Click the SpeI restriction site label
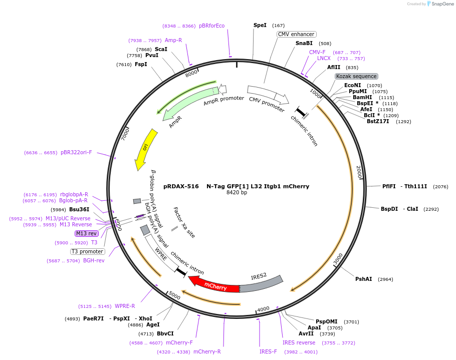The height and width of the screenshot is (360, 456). pyautogui.click(x=260, y=25)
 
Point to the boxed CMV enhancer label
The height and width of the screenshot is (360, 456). pyautogui.click(x=296, y=34)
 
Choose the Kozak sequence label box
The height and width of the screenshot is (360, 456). pyautogui.click(x=356, y=76)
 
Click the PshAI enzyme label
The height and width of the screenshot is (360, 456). pyautogui.click(x=363, y=279)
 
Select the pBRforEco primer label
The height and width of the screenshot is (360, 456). pyautogui.click(x=211, y=26)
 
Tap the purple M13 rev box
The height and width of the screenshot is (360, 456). pyautogui.click(x=86, y=233)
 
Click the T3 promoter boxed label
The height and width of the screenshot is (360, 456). pyautogui.click(x=87, y=251)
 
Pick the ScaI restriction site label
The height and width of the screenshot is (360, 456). pyautogui.click(x=161, y=49)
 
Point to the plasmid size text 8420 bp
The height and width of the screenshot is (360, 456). pyautogui.click(x=237, y=193)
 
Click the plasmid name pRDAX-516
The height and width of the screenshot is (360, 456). pyautogui.click(x=177, y=186)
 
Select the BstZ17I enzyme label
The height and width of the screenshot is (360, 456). pyautogui.click(x=378, y=121)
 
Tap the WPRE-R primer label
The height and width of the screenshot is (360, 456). pyautogui.click(x=125, y=306)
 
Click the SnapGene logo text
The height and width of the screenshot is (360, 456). pyautogui.click(x=442, y=4)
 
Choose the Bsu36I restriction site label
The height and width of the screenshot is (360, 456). pyautogui.click(x=79, y=209)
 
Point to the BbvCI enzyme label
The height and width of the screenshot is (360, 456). pyautogui.click(x=165, y=333)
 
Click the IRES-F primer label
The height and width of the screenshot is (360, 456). pyautogui.click(x=268, y=351)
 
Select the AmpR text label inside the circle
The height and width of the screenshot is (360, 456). pyautogui.click(x=175, y=122)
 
